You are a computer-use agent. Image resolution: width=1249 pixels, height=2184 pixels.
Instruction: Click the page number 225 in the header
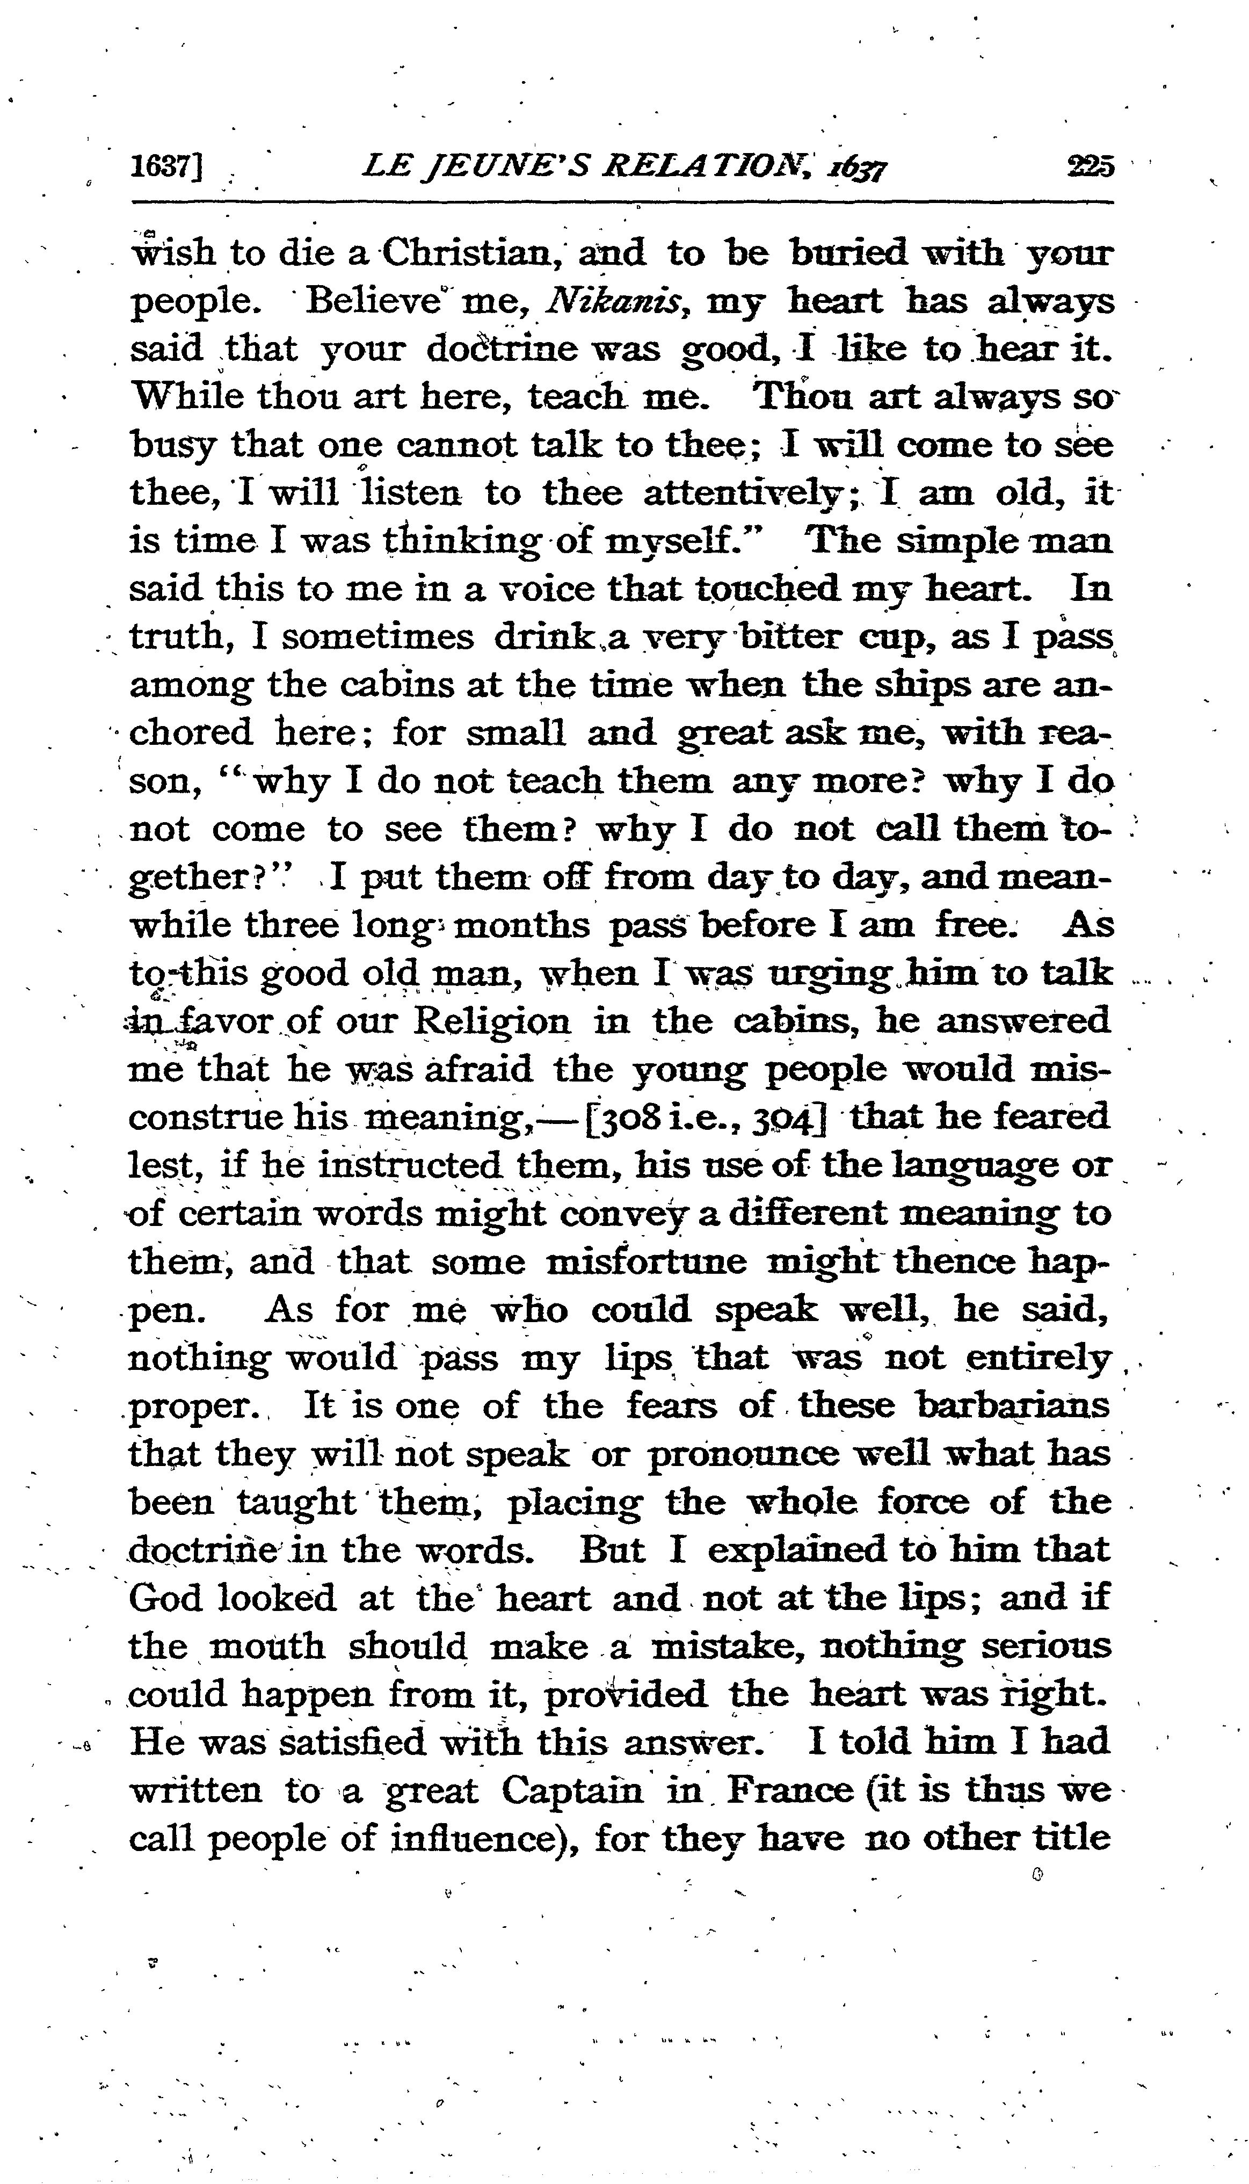[x=1090, y=165]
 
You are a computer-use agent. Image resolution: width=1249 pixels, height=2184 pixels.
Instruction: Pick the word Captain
[x=572, y=1790]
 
